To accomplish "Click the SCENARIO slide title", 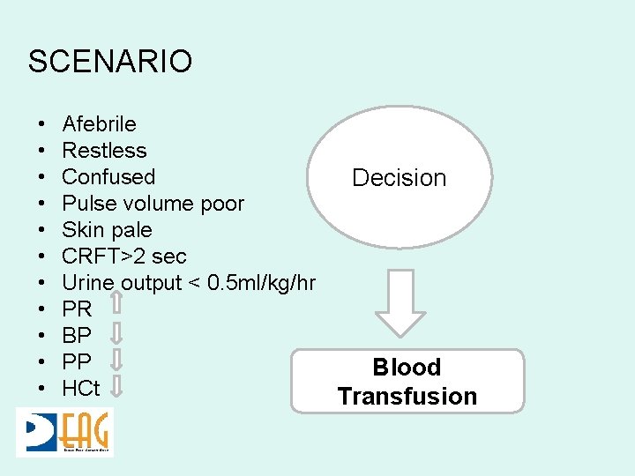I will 109,62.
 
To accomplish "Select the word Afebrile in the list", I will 99,124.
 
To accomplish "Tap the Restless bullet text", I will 104,151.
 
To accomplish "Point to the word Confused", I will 108,177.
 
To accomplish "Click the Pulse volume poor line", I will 153,204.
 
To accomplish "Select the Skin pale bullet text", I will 107,230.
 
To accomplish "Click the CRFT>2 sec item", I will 124,257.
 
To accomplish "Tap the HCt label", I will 81,389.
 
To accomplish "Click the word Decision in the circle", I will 399,178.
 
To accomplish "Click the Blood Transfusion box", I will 407,381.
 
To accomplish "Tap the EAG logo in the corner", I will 64,432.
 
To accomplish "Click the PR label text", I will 77,309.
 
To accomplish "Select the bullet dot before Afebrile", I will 41,124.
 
